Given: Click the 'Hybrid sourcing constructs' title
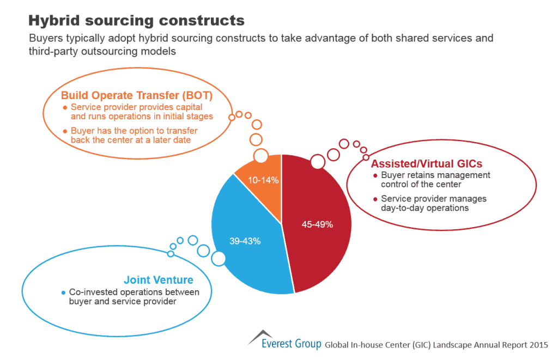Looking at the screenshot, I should pyautogui.click(x=136, y=21).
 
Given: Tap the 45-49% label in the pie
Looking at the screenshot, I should pyautogui.click(x=317, y=224).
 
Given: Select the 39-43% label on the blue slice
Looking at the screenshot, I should pyautogui.click(x=245, y=241).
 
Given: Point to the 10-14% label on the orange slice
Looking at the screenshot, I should pyautogui.click(x=264, y=179).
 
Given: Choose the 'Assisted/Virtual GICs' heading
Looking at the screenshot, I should pyautogui.click(x=427, y=163).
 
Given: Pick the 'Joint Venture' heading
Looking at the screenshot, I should pyautogui.click(x=159, y=280).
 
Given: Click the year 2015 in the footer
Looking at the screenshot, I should pyautogui.click(x=538, y=344).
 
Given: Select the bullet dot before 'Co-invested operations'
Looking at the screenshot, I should pyautogui.click(x=64, y=292).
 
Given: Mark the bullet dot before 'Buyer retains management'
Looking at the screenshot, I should pyautogui.click(x=375, y=175).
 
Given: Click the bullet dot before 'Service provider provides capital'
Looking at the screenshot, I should pyautogui.click(x=65, y=107).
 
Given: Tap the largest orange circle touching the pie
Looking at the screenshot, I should pyautogui.click(x=261, y=156).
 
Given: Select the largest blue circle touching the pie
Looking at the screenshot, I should pyautogui.click(x=219, y=258).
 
